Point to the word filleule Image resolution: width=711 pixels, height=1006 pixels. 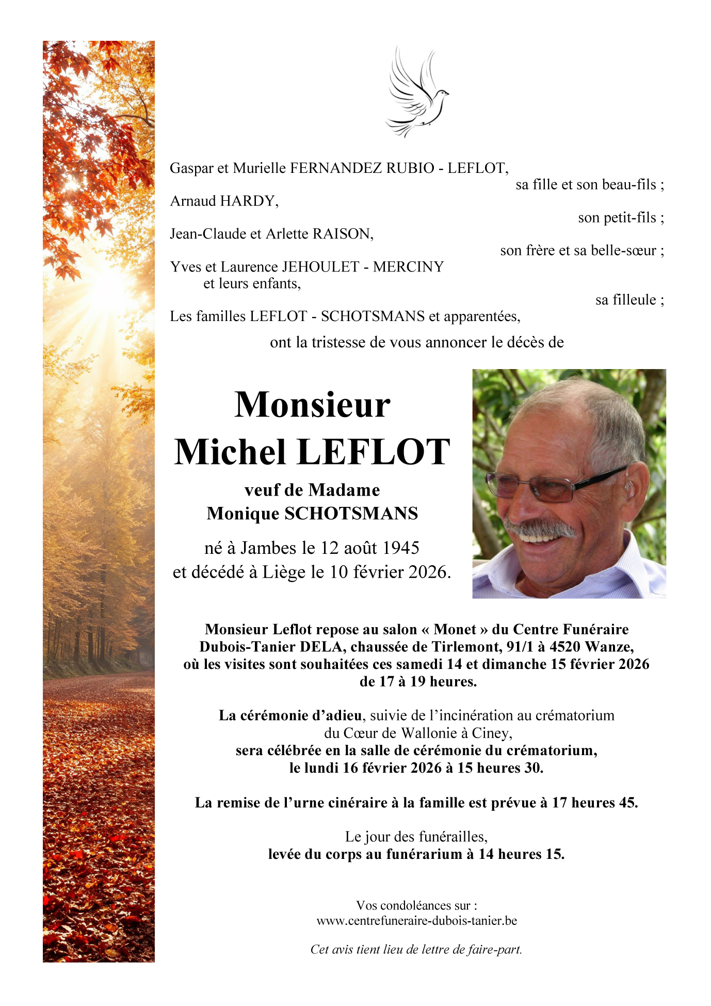point(625,300)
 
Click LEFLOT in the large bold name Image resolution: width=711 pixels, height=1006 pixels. point(374,452)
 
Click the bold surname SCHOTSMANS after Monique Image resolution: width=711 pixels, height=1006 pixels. point(351,514)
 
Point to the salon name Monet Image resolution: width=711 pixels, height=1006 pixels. point(455,629)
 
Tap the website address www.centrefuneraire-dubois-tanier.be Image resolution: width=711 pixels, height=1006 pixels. point(416,921)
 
